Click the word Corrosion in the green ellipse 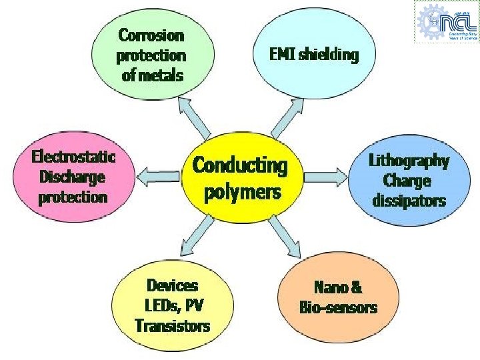[151, 34]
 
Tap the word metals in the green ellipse [163, 74]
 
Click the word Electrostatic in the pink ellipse [74, 157]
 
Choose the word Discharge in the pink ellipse [73, 177]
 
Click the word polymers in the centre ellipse [242, 193]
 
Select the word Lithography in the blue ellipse [409, 161]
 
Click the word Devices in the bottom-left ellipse [173, 285]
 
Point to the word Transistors [172, 325]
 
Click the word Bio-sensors [338, 307]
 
